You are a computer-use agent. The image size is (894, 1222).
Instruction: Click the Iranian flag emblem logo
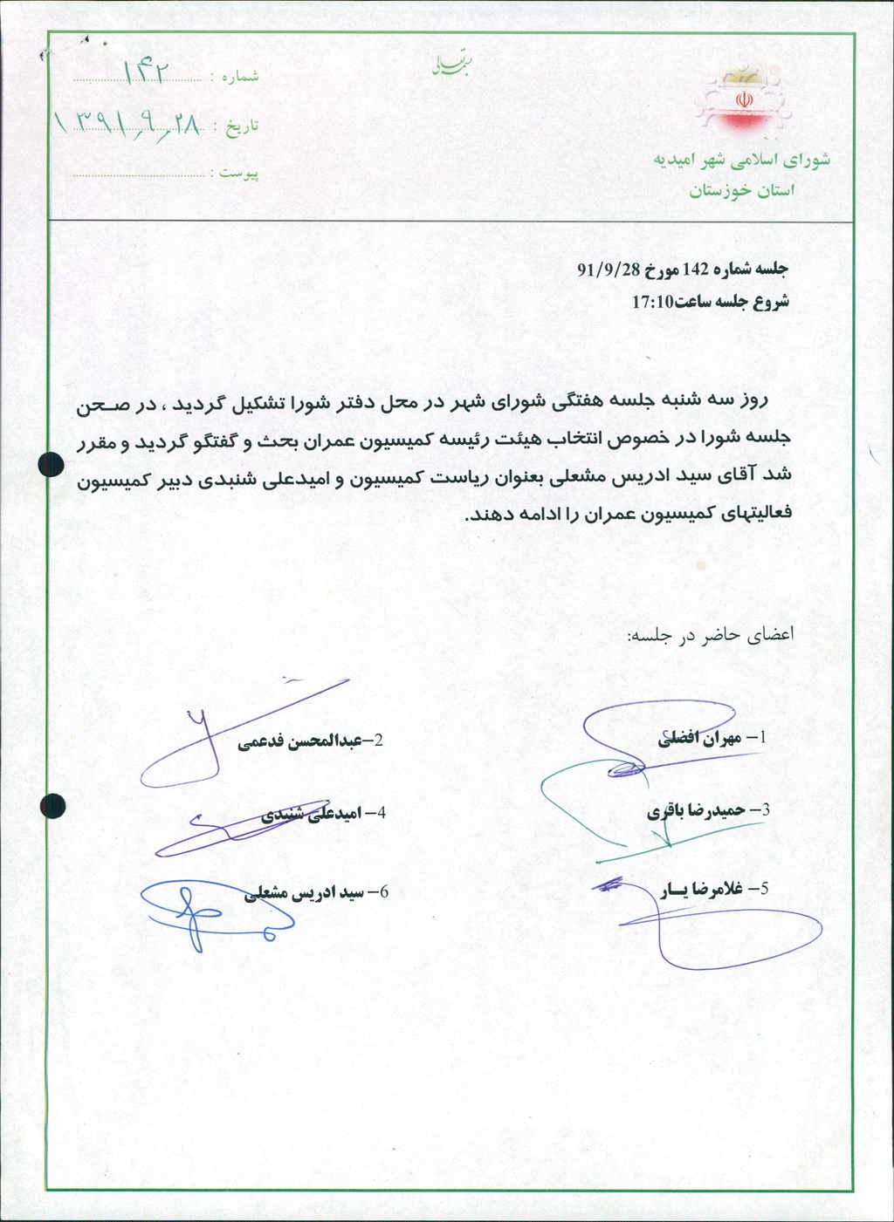click(x=744, y=98)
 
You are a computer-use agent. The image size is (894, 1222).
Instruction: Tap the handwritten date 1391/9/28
click(x=128, y=125)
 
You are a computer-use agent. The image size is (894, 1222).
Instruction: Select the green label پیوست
click(x=238, y=173)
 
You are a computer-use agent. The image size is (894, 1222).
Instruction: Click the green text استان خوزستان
click(x=742, y=191)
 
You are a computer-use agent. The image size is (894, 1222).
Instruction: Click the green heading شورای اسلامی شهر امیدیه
click(x=741, y=160)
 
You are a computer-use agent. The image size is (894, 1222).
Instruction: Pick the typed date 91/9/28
click(x=609, y=270)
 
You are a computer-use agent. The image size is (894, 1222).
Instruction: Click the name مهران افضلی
click(x=699, y=738)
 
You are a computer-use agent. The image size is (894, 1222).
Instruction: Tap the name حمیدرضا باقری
click(x=696, y=810)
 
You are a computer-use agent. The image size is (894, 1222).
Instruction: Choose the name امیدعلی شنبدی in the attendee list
click(x=312, y=814)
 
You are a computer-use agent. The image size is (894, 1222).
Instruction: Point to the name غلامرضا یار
click(x=703, y=890)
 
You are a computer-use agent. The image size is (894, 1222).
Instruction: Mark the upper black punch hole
click(x=52, y=465)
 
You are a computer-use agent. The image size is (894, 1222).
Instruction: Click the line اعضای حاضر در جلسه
click(x=710, y=635)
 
